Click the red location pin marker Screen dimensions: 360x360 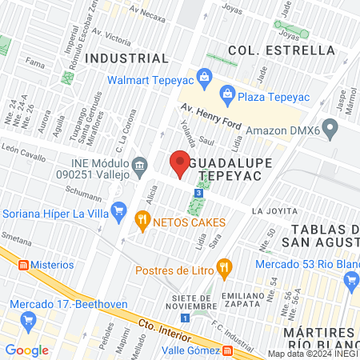[x=180, y=162]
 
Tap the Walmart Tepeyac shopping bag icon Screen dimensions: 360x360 [x=202, y=78]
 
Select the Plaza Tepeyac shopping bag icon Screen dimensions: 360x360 [x=227, y=93]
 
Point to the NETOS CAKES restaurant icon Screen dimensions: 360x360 [x=142, y=218]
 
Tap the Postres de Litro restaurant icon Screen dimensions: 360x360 [x=225, y=266]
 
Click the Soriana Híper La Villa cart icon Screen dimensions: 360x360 [x=119, y=211]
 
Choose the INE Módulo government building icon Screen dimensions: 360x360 [x=140, y=166]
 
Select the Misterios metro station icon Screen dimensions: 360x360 [x=23, y=265]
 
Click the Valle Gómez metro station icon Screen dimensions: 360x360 [x=228, y=350]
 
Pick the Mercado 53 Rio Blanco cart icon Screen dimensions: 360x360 [x=350, y=279]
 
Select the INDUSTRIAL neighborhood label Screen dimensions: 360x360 [x=127, y=58]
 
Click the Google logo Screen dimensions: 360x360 [x=27, y=350]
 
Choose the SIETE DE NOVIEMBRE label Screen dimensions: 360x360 [x=194, y=302]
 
